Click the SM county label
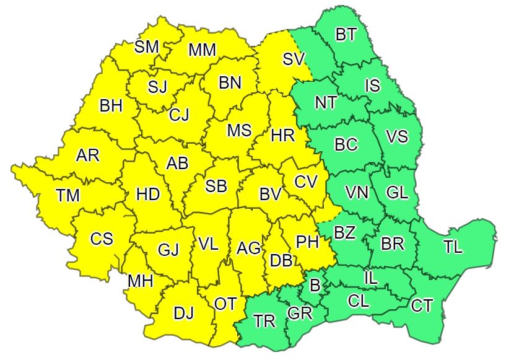coord(147,46)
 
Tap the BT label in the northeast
coord(346,35)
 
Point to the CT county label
coord(422,305)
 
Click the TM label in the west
coord(68,196)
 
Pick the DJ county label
coord(183,314)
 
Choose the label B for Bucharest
coord(315,286)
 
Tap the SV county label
coord(294,59)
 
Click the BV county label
coord(270,195)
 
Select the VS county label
coord(397,136)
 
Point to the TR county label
coord(264,321)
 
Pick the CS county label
coord(102,239)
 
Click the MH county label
coord(141,281)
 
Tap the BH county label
coord(111,106)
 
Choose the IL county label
coord(370,278)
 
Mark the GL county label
coord(396,193)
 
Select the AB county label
coord(177,164)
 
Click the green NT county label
coord(326,103)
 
